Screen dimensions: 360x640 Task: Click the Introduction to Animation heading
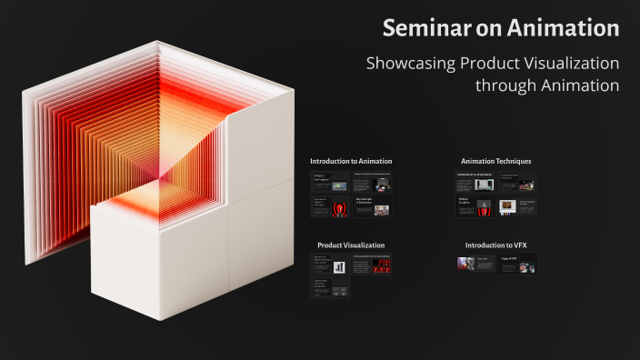pos(351,161)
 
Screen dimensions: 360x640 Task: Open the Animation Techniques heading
pos(495,161)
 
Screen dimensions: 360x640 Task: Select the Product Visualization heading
pos(351,245)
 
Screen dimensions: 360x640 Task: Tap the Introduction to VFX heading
pos(495,245)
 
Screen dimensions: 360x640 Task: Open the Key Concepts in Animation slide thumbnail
pos(372,206)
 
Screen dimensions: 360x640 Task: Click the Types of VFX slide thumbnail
pos(516,265)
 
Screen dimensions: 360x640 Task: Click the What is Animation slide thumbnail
pos(330,181)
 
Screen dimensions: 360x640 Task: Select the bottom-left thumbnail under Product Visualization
pos(330,289)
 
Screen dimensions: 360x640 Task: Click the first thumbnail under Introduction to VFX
pos(475,265)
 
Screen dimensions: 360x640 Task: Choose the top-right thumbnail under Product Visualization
pos(372,266)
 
